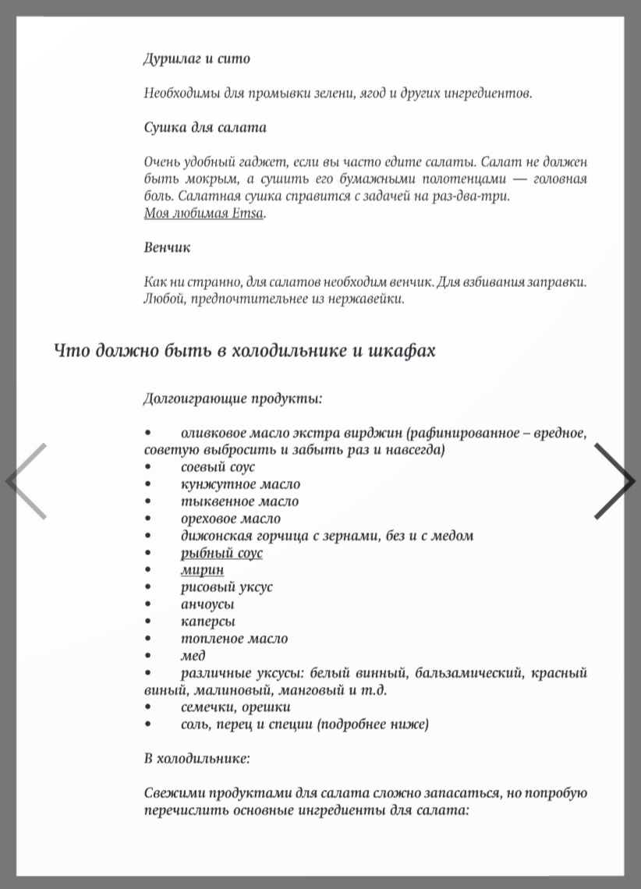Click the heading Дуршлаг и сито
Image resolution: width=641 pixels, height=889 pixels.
197,58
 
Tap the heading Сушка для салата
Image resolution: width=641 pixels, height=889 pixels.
205,127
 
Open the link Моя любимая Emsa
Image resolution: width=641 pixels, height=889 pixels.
204,213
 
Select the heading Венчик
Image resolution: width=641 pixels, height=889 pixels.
167,247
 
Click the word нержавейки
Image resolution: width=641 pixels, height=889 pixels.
366,299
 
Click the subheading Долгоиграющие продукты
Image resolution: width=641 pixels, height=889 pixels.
232,398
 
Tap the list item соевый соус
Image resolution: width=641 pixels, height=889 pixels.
218,467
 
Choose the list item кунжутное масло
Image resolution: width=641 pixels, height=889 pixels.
240,484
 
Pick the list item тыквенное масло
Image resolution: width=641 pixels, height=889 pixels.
239,501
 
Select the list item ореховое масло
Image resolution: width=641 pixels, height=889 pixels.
230,519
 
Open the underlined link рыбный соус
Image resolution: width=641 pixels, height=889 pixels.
221,553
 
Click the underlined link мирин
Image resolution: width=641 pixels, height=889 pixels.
202,570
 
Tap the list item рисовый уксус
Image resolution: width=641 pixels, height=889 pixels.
226,587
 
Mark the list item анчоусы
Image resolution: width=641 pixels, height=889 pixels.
207,604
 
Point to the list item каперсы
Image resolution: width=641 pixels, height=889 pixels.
207,622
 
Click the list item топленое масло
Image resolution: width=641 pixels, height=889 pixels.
234,639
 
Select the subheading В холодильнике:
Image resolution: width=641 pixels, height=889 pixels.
197,758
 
